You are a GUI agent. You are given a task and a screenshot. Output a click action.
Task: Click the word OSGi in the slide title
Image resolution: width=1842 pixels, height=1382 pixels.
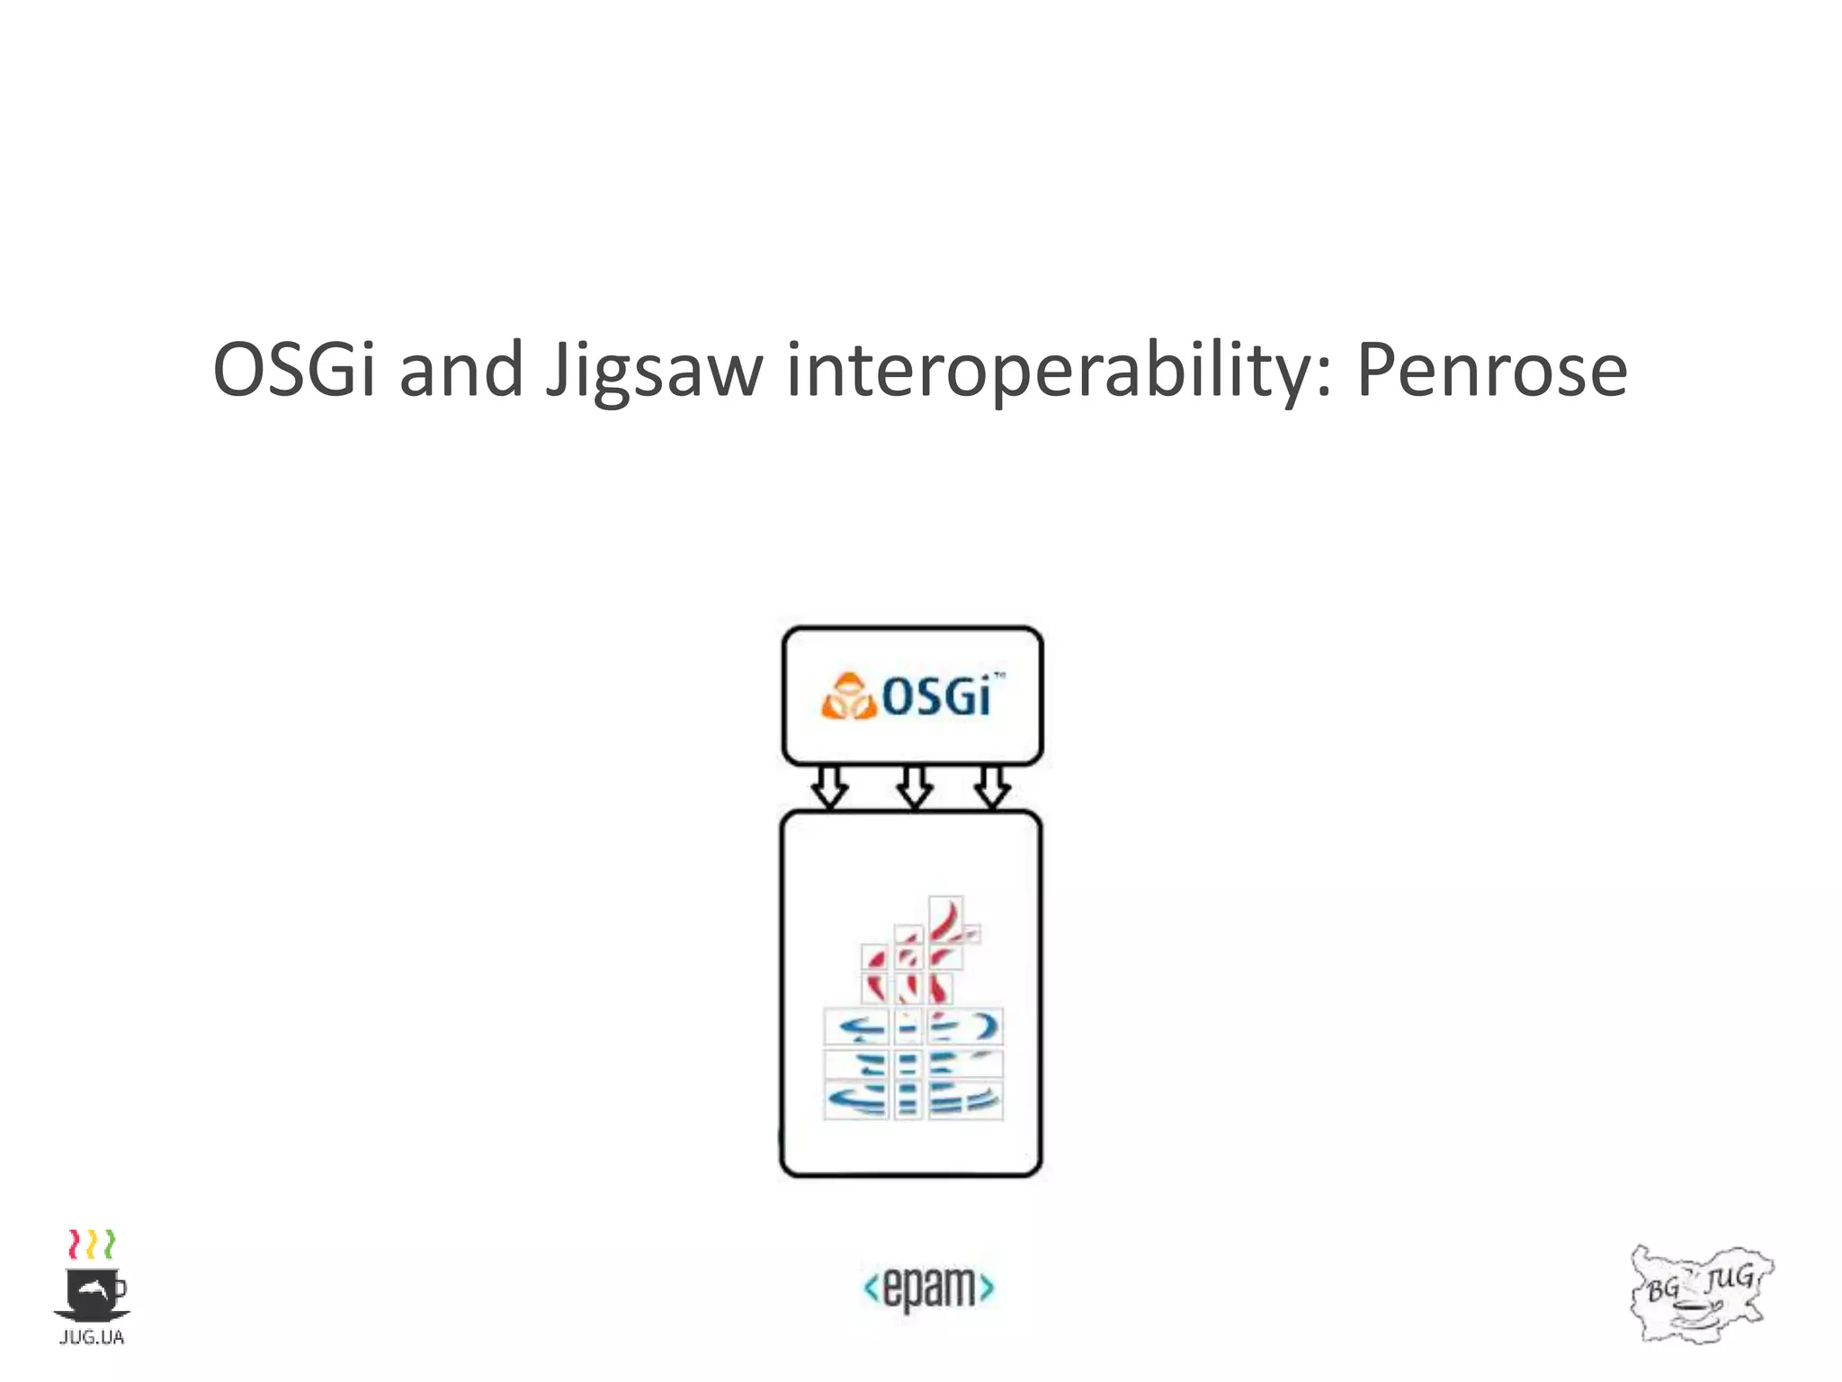pyautogui.click(x=294, y=369)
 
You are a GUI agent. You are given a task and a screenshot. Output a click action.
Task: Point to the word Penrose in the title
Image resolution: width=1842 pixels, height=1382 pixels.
pyautogui.click(x=1491, y=371)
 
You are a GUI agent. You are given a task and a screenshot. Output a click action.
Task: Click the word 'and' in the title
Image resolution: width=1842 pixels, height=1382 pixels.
pyautogui.click(x=460, y=369)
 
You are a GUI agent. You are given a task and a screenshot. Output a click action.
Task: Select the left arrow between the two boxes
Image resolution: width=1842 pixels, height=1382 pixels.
pyautogui.click(x=829, y=787)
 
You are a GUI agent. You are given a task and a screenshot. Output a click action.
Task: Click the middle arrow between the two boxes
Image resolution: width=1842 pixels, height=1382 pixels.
pyautogui.click(x=914, y=787)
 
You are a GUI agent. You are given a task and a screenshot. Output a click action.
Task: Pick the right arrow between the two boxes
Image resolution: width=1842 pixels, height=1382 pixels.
pyautogui.click(x=992, y=787)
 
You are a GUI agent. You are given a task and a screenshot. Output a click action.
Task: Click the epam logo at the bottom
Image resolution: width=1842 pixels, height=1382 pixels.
pyautogui.click(x=928, y=1288)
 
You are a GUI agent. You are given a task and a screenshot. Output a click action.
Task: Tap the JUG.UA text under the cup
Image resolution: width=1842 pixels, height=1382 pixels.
pyautogui.click(x=91, y=1338)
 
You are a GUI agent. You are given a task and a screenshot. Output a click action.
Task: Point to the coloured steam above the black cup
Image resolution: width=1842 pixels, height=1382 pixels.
pyautogui.click(x=92, y=1243)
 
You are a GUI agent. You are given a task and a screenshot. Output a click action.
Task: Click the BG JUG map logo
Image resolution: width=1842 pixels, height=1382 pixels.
pyautogui.click(x=1702, y=1293)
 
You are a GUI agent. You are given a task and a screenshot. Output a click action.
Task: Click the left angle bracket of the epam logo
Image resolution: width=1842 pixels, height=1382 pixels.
pyautogui.click(x=871, y=1288)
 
